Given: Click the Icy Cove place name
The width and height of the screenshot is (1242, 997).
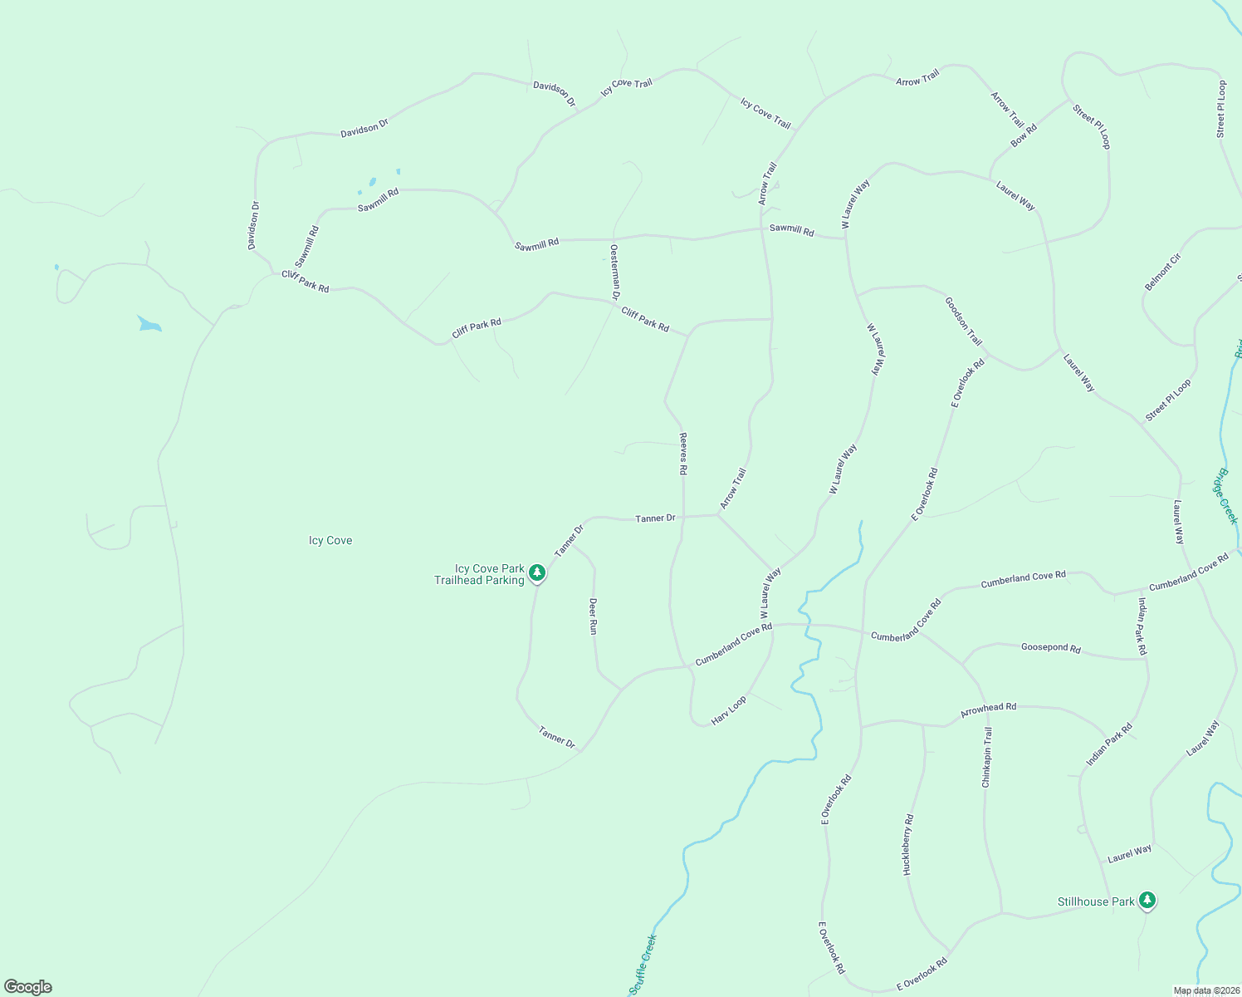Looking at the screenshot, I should coord(330,541).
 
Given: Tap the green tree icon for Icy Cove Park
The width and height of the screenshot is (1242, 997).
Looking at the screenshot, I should coord(537,572).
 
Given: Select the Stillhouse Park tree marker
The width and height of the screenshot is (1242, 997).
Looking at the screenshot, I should coord(1147,900).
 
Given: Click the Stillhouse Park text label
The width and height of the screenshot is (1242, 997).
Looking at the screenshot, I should coord(1096,901).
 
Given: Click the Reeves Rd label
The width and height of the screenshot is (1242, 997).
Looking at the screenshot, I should coord(683,454).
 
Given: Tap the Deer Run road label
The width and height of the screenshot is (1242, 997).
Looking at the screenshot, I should coord(593,616).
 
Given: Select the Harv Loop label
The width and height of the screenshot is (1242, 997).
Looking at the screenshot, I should coord(729,710).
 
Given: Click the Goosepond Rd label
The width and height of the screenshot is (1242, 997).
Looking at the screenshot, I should coord(1050,647).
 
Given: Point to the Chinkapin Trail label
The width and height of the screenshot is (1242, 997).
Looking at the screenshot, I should coord(987,757).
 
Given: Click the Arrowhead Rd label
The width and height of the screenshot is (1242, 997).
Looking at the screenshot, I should coord(988,710).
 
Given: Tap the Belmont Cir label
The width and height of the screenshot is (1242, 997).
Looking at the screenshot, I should coord(1162,272).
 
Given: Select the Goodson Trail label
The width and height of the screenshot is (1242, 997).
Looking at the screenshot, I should coord(963,322).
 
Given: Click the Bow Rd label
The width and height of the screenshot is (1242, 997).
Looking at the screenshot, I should coord(1024,135).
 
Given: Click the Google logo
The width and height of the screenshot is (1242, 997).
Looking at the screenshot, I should coord(27,987).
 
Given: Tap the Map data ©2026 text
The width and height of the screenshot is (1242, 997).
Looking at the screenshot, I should coord(1205,990).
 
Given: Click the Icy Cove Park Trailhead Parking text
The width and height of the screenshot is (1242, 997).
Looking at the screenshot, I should coord(479,574).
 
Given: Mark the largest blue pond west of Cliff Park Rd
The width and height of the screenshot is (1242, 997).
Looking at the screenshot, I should coord(149,323).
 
